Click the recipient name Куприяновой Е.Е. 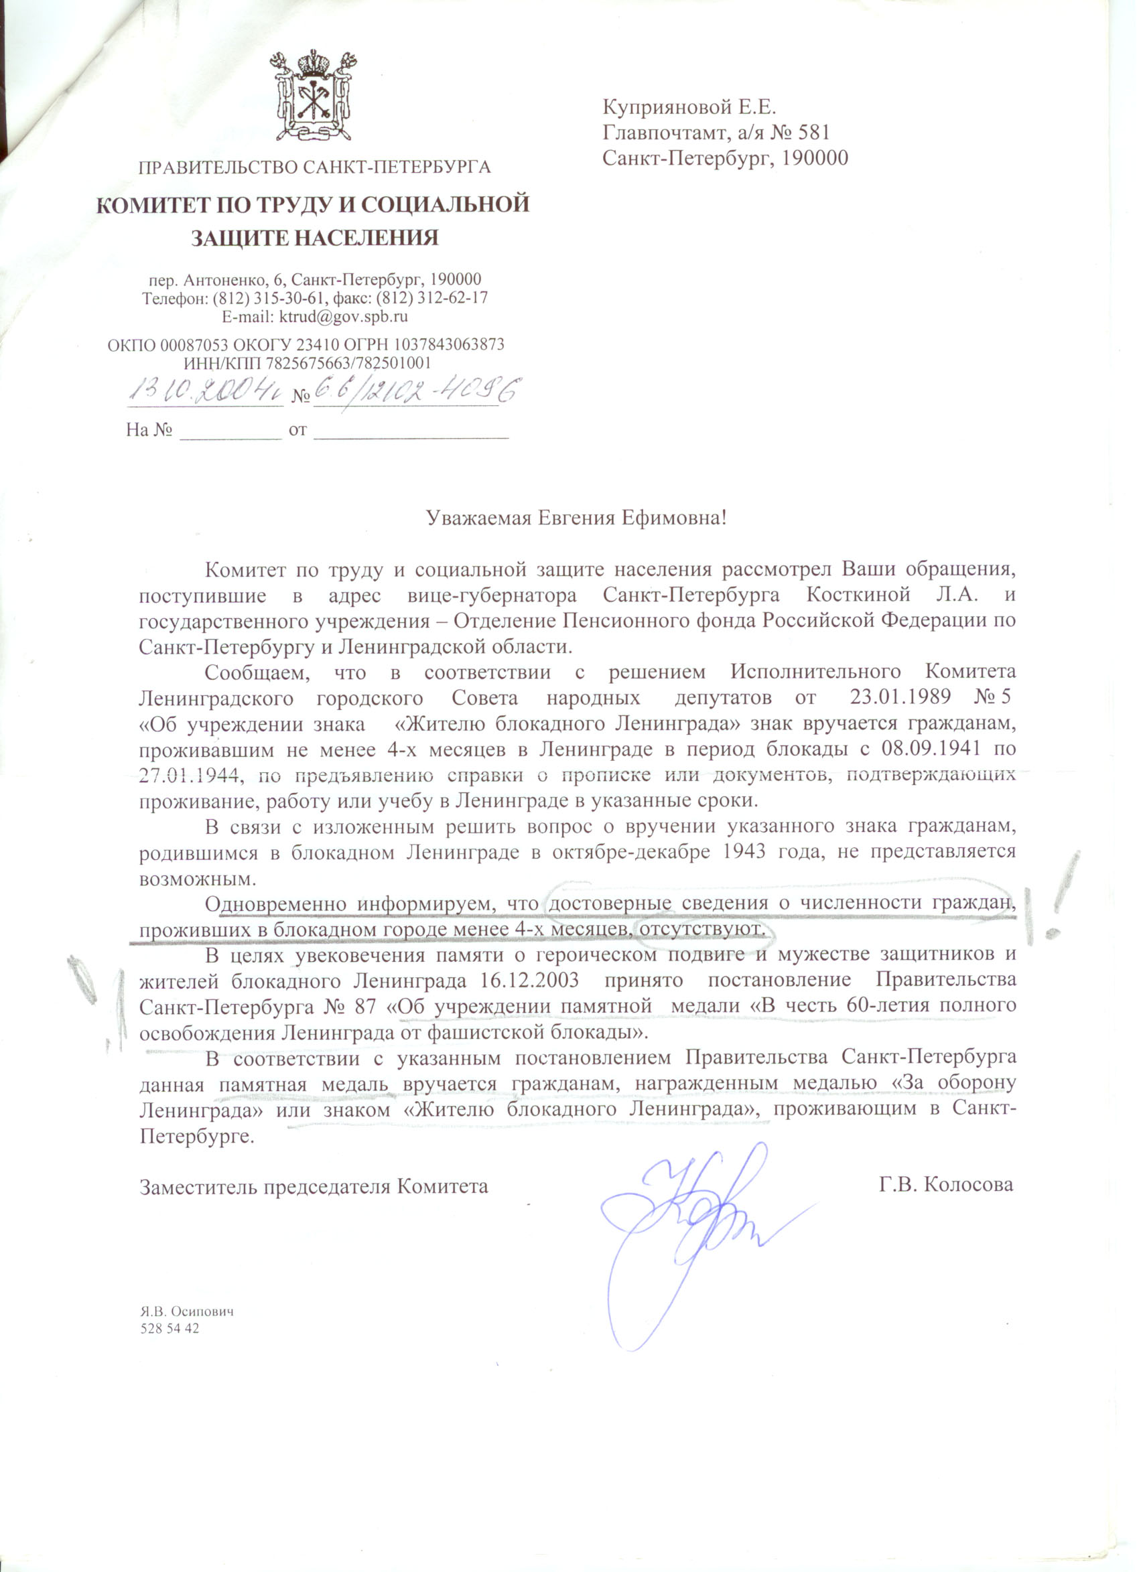(690, 107)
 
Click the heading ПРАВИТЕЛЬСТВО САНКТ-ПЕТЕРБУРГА (315, 167)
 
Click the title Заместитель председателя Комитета (314, 1186)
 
